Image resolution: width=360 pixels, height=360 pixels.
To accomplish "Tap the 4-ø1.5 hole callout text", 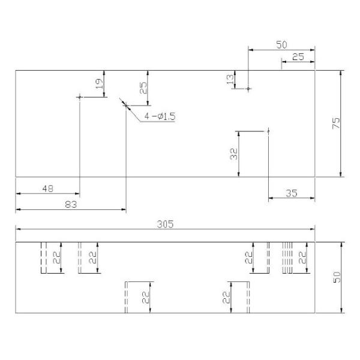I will tap(160, 116).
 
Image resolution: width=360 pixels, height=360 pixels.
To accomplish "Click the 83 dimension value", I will tap(71, 205).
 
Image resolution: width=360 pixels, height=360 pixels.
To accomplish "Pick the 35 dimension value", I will tap(292, 193).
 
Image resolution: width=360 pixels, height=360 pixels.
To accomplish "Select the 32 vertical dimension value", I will tap(233, 154).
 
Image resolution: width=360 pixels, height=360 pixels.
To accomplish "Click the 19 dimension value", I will tap(99, 84).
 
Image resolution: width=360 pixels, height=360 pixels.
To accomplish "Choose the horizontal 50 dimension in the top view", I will tap(281, 45).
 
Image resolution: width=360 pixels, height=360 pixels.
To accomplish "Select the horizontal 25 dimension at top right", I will tap(298, 56).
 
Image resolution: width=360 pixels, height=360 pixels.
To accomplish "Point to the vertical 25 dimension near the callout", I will tap(143, 88).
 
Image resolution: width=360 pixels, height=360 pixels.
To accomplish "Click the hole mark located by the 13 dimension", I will tap(249, 88).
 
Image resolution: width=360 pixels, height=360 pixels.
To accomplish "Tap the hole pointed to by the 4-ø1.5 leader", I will tap(126, 106).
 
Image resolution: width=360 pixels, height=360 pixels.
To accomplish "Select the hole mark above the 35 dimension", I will tap(268, 130).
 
